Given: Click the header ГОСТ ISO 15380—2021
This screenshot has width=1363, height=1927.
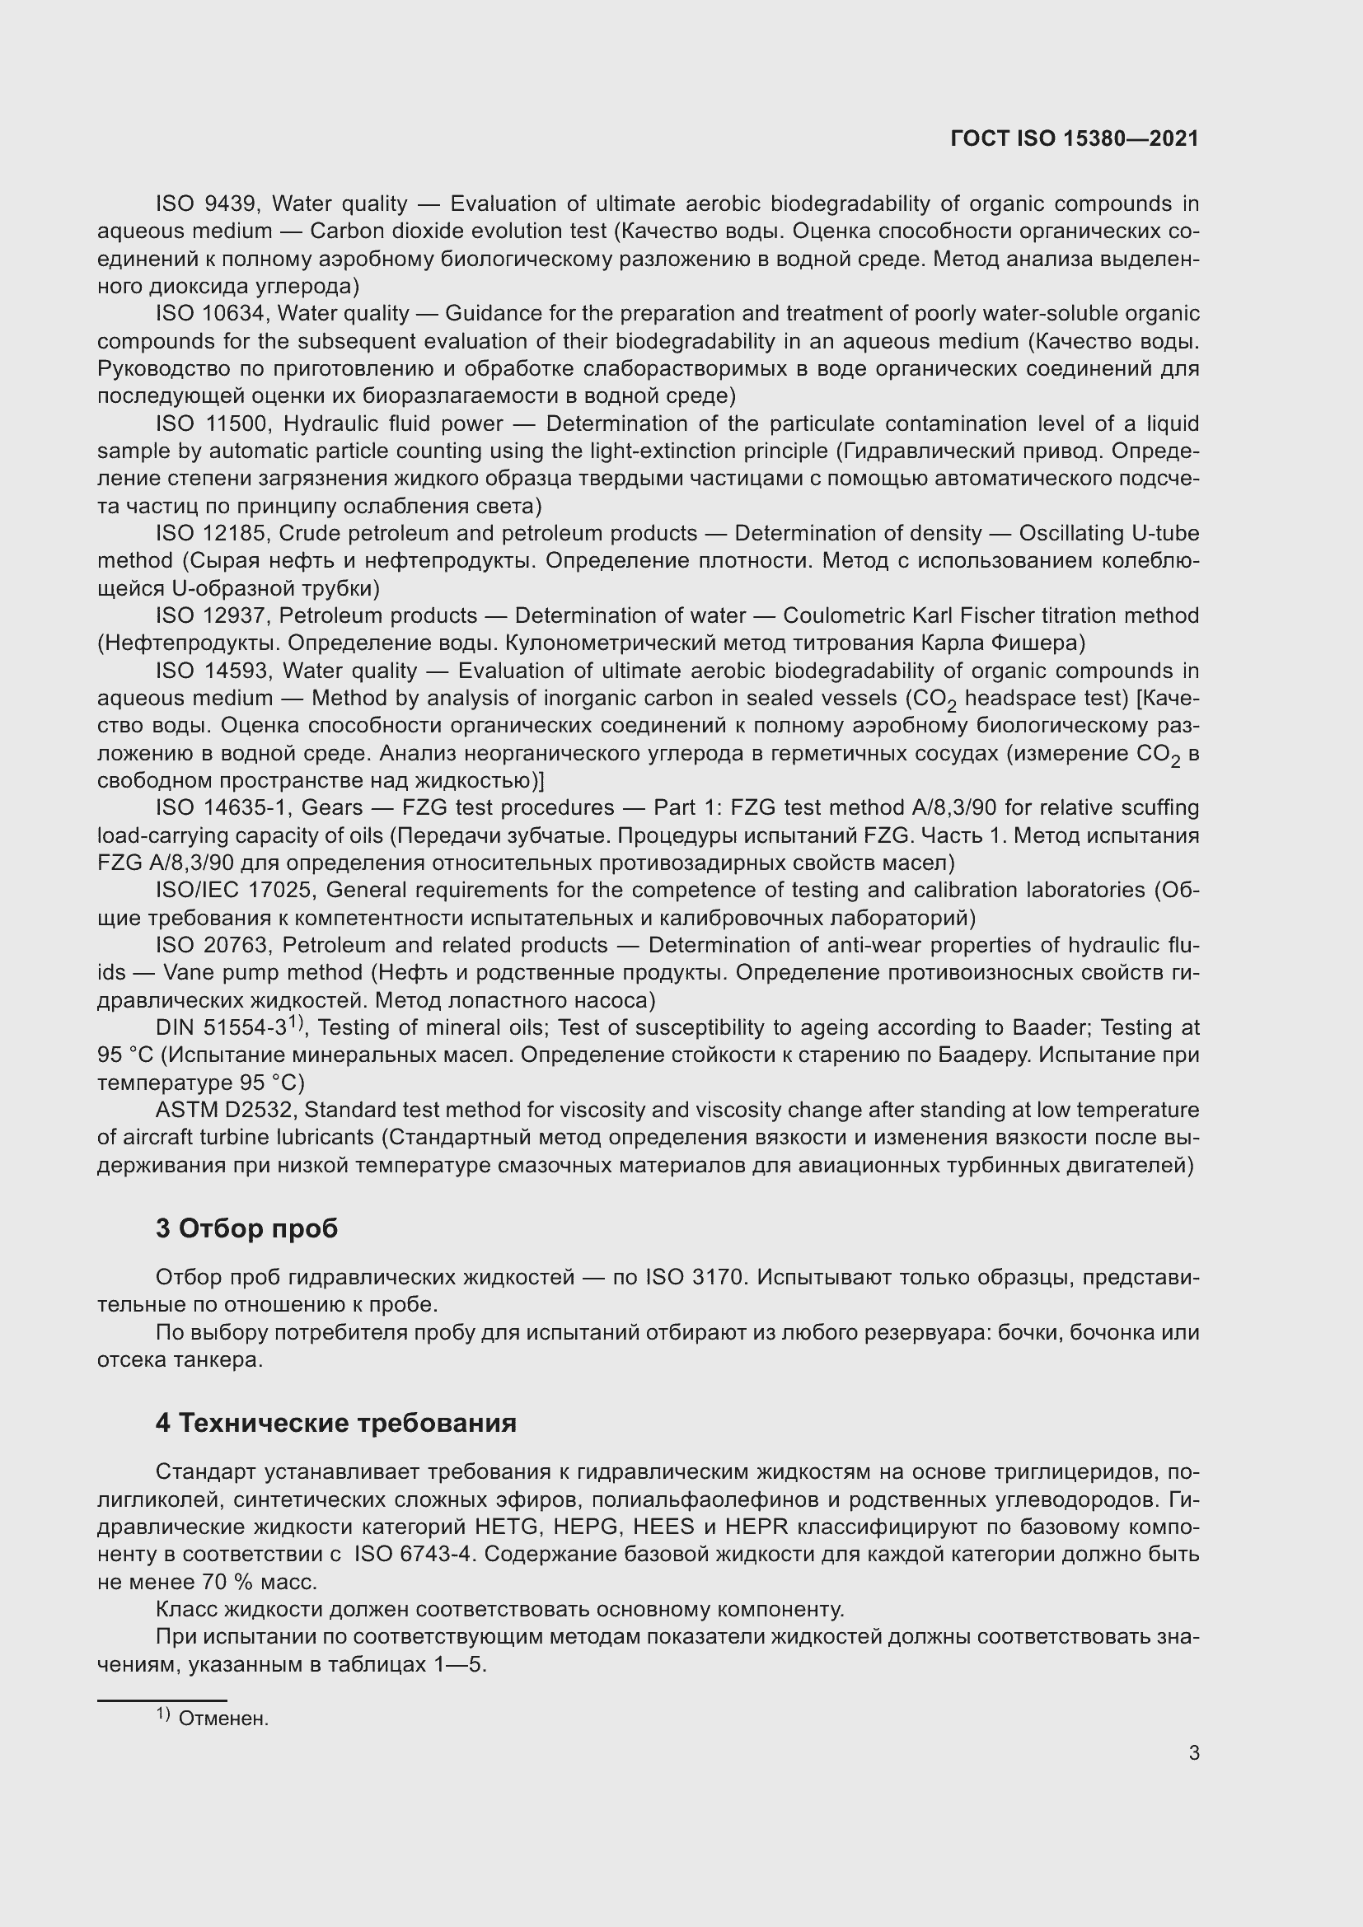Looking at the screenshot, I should [1075, 138].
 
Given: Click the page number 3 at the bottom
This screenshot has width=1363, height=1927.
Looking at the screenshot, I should [1193, 1752].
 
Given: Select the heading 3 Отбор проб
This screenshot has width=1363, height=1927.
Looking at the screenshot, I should [246, 1228].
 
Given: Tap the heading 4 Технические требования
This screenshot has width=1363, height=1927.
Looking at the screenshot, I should [335, 1423].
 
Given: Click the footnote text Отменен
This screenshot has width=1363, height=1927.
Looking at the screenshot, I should [223, 1719].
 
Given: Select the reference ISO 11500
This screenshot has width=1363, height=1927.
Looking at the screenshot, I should [213, 423].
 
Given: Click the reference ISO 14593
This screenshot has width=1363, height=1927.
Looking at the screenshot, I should [213, 671].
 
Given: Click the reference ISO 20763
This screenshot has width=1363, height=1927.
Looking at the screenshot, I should [213, 945].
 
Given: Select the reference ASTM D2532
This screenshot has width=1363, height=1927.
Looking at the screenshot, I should [224, 1111].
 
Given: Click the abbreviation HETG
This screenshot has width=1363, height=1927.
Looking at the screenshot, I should [505, 1527].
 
